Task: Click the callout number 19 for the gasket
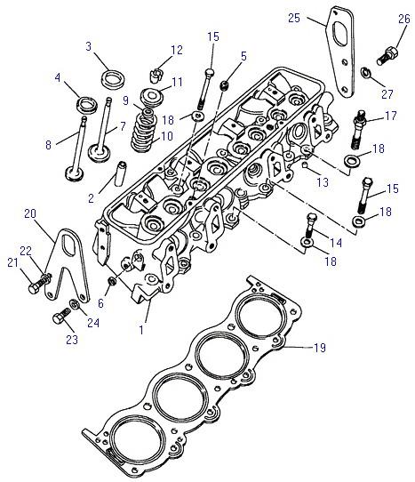pos(319,348)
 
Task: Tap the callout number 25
pos(293,18)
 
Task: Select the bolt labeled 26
pos(387,55)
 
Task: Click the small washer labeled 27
pos(365,72)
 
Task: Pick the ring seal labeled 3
pos(113,80)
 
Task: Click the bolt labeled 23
pos(61,316)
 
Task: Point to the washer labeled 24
pos(74,304)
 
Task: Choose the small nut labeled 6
pos(112,281)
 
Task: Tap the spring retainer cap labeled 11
pos(151,97)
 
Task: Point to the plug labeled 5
pos(225,85)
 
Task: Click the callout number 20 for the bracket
pos(30,213)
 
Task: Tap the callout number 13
pos(323,182)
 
